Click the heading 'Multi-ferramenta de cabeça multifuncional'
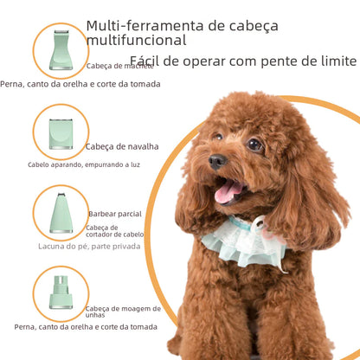pos(173,33)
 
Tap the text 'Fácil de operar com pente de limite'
pos(242,61)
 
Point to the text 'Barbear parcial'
pos(114,213)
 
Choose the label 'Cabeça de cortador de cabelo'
pos(114,232)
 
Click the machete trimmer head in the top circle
pos(61,48)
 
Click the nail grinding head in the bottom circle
pos(61,292)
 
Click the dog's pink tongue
pos(229,191)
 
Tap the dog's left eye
pos(254,145)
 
